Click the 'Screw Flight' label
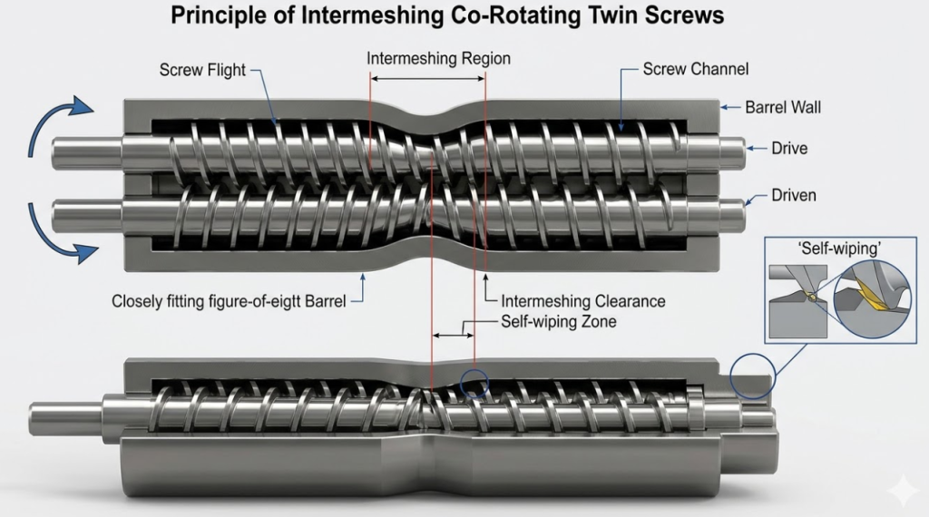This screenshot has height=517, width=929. click(202, 70)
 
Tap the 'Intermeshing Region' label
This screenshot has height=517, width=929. click(438, 59)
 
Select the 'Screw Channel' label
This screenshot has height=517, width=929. click(695, 69)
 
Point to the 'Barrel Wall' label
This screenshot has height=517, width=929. click(782, 107)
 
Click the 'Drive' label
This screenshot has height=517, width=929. click(788, 147)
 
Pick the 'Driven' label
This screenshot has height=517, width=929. click(793, 195)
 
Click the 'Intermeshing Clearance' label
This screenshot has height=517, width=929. click(583, 301)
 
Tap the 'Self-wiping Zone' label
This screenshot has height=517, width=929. click(558, 322)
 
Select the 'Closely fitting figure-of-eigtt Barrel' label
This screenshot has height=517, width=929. click(229, 301)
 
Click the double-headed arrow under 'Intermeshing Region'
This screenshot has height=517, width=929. click(427, 81)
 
